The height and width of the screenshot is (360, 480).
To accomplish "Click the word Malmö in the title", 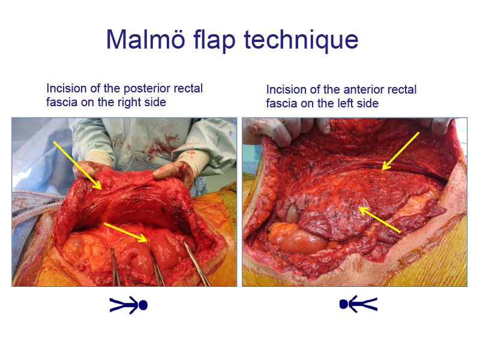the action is pos(146,39).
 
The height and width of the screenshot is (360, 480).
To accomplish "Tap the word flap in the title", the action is pos(214,40).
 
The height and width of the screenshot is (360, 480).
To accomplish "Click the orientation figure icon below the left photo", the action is pos(128,305).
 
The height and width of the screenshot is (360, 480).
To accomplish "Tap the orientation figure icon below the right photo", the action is pos(358,304).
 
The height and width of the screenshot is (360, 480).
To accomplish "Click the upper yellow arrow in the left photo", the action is pos(77,166).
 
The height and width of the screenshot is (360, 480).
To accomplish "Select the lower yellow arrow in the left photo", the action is pos(126,233).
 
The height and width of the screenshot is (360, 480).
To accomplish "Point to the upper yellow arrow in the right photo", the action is pos(400,151).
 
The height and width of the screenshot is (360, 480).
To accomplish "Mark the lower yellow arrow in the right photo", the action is pos(379,220).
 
